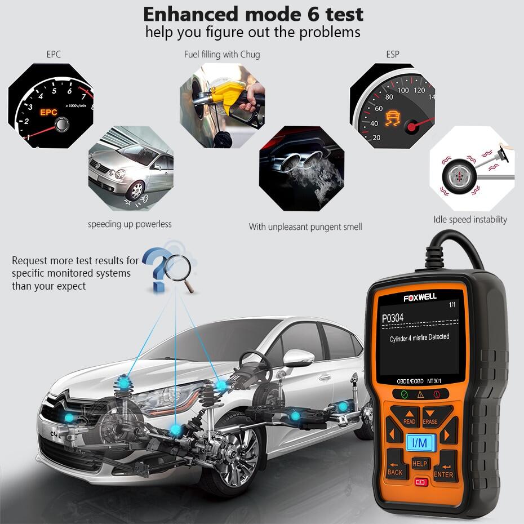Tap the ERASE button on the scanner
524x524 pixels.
(431, 418)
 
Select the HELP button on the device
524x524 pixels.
(420, 463)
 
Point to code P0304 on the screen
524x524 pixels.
(393, 318)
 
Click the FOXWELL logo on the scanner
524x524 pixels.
(420, 296)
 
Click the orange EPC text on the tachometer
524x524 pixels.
(48, 112)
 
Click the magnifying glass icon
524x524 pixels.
(180, 269)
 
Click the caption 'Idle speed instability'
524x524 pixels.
(470, 220)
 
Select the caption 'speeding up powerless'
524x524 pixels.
(130, 224)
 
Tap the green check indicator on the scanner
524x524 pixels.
(404, 394)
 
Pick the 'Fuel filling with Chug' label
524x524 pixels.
(222, 55)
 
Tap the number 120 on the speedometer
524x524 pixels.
(419, 90)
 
